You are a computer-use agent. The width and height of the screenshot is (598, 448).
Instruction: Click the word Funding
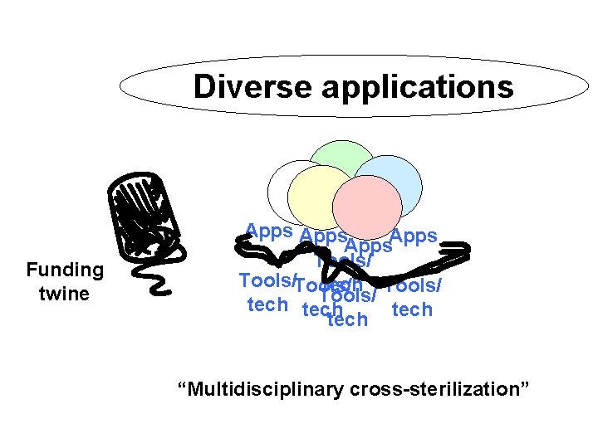pyautogui.click(x=64, y=270)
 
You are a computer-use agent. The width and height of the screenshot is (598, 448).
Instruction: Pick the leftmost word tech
pyautogui.click(x=267, y=304)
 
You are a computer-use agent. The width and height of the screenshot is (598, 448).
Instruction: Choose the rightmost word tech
pyautogui.click(x=412, y=309)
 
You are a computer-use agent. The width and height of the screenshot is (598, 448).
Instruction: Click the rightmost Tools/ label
pyautogui.click(x=414, y=285)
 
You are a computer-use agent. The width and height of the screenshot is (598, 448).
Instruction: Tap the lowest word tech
pyautogui.click(x=348, y=320)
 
